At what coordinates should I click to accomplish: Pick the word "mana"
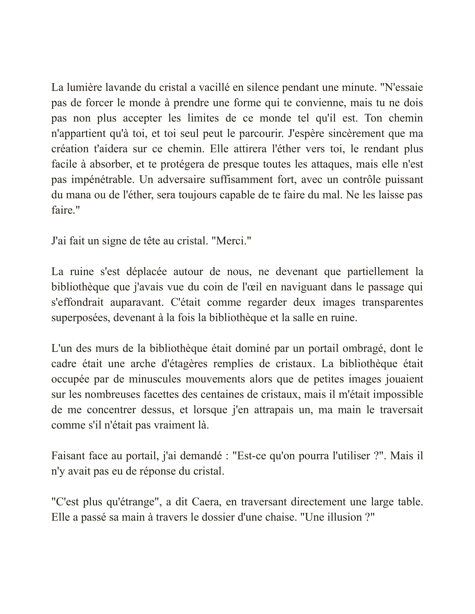[x=78, y=195]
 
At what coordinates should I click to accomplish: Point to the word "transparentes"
[x=392, y=302]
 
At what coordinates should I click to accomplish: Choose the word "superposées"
[x=80, y=318]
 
